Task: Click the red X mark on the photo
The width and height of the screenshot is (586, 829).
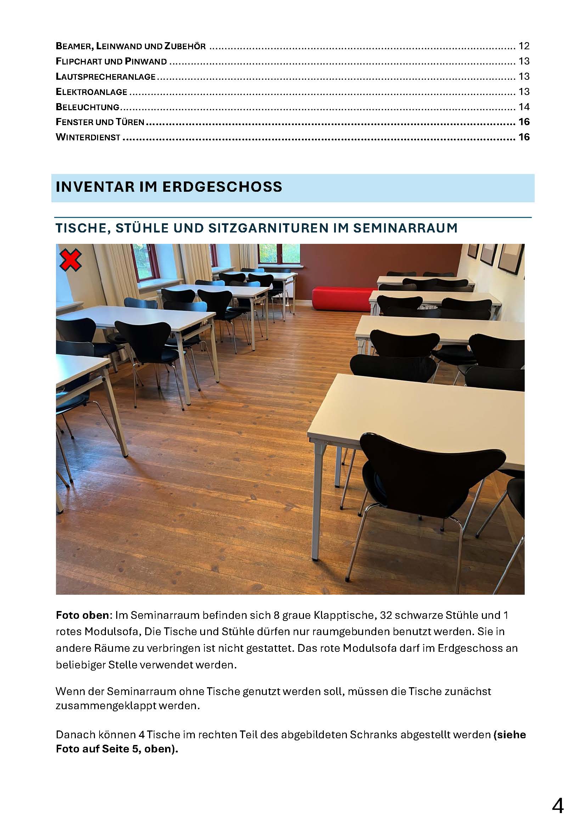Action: coord(71,261)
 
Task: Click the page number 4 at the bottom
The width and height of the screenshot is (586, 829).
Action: coord(558,806)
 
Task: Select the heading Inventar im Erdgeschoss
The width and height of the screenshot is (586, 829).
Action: coord(169,187)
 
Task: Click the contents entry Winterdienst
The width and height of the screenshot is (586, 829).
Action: coord(88,137)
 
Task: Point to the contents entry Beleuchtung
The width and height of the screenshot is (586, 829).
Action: coord(87,107)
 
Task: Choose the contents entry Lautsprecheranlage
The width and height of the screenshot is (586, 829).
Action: coord(105,77)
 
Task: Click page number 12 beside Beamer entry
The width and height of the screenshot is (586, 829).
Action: coord(524,46)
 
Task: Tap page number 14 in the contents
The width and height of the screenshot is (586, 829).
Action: coord(524,107)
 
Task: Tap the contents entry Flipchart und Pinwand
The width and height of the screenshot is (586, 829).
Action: coord(111,61)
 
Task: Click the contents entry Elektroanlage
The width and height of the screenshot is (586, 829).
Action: coord(91,92)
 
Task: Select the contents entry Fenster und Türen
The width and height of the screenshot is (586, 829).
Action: coord(100,122)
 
